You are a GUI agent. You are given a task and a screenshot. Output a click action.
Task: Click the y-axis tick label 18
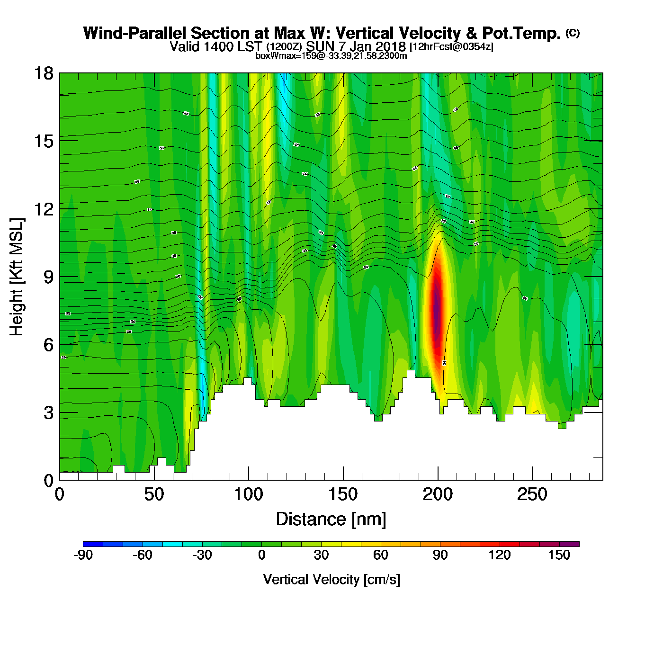tap(43, 73)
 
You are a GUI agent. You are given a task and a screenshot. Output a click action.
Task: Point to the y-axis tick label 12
tap(43, 209)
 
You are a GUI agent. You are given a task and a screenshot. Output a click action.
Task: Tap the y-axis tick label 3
tap(48, 412)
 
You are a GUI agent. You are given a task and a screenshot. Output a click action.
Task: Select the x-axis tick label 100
tap(249, 495)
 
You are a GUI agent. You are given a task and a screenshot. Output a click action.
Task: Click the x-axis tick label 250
tap(532, 495)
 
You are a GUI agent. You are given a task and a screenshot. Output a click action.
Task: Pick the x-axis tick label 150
tap(343, 495)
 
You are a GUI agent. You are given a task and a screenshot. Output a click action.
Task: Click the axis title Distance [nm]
tap(331, 520)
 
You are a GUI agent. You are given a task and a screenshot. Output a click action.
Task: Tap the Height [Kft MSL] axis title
tap(17, 277)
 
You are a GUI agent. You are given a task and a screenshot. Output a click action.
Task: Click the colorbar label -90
tap(83, 555)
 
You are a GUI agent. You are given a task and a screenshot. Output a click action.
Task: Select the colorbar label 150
tap(559, 555)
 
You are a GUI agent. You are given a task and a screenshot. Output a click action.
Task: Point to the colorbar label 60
tap(381, 555)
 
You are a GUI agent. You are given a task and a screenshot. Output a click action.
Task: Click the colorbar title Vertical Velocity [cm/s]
tap(331, 580)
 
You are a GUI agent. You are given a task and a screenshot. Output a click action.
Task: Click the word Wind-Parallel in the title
tap(136, 33)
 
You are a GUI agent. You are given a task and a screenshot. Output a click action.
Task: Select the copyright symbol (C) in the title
tap(573, 33)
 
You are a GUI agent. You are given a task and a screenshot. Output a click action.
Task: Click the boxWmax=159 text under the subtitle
tap(277, 56)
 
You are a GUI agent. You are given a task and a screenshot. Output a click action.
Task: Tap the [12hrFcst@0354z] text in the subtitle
tap(451, 46)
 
